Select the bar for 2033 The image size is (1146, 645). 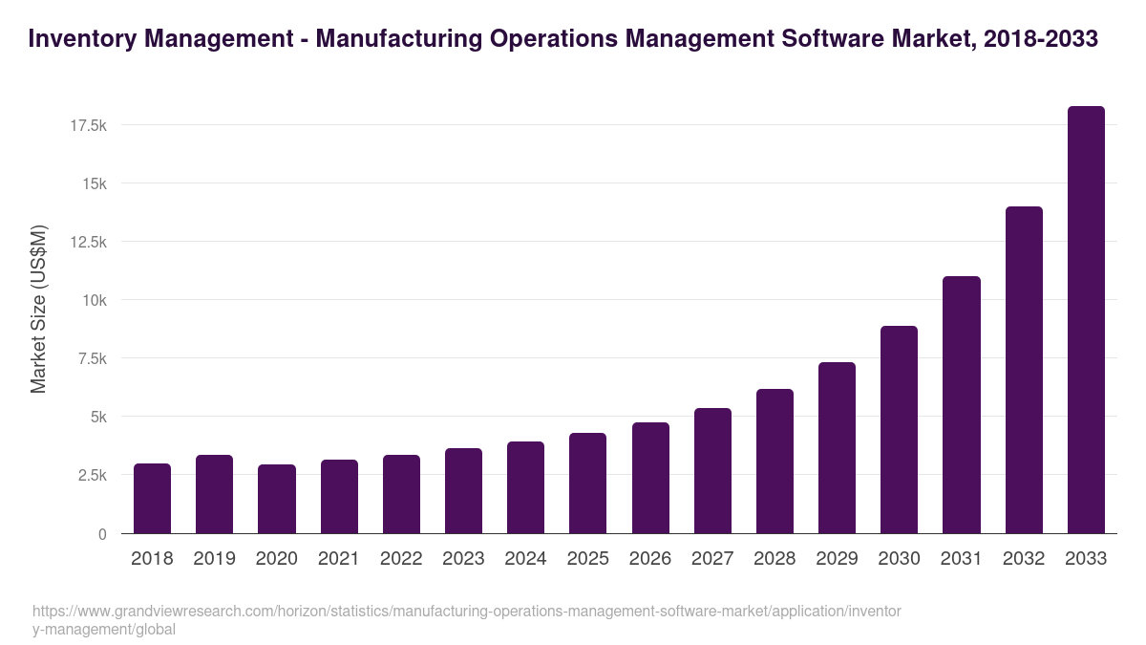click(1086, 320)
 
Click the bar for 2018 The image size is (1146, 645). click(152, 499)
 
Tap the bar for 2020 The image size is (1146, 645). click(277, 499)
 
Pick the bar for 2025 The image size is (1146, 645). click(587, 484)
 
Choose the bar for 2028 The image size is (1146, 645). click(775, 462)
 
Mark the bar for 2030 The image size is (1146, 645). click(899, 430)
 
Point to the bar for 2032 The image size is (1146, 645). click(1024, 370)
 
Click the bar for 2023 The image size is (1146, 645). click(463, 491)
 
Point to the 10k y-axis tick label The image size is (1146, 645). click(93, 300)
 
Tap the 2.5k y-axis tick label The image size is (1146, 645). click(90, 476)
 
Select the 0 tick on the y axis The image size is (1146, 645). click(102, 534)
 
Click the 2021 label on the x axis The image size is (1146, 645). click(339, 559)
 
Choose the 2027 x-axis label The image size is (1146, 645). click(712, 559)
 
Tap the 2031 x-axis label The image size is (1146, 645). click(962, 559)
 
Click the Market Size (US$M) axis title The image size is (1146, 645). click(38, 309)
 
